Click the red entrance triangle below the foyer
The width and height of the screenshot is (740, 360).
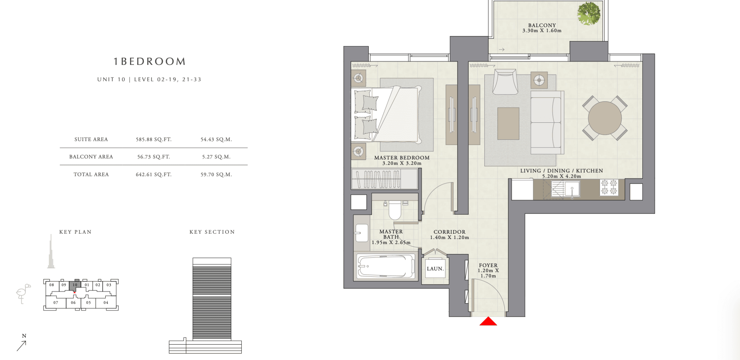488,321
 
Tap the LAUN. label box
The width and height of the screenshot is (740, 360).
435,269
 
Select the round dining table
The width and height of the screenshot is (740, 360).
605,118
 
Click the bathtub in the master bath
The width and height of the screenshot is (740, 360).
386,266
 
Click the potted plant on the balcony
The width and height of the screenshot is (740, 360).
589,14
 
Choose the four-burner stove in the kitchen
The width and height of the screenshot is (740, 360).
609,187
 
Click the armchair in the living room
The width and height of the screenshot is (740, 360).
505,82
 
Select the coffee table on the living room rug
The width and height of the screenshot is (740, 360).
508,124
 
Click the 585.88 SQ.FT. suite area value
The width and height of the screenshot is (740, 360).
154,139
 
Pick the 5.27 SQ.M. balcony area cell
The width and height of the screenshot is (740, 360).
216,157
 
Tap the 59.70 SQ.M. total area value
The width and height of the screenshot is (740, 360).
216,174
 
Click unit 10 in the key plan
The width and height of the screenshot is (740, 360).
75,285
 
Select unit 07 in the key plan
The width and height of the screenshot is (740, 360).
56,303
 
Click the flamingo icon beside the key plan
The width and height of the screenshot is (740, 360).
23,294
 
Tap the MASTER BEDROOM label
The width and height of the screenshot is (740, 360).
402,158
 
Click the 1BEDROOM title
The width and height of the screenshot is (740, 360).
149,62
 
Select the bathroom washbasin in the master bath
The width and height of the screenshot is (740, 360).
362,232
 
